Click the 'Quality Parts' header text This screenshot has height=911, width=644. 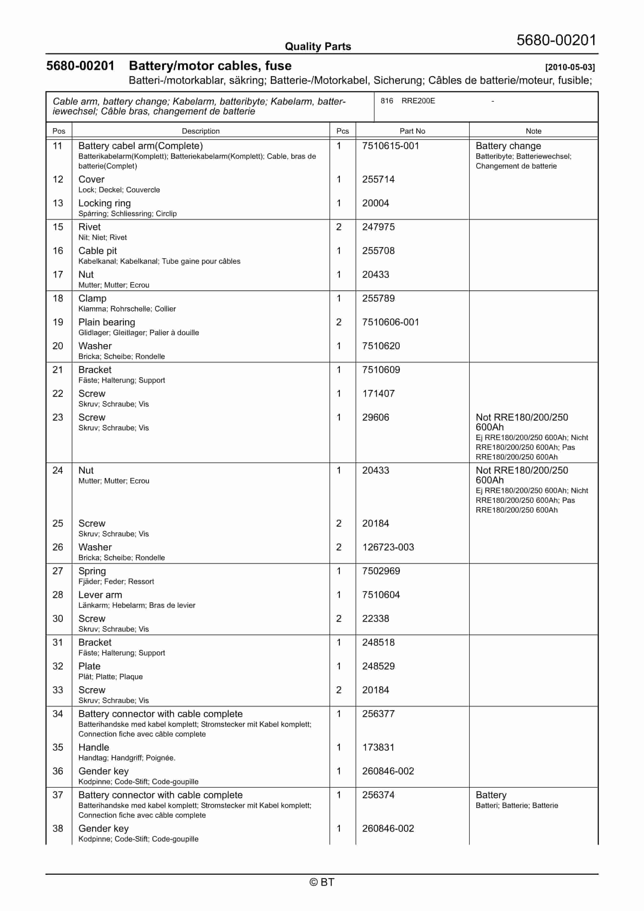318,47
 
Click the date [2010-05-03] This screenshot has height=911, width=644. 570,67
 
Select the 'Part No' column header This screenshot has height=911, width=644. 412,131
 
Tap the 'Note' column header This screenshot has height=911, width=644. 533,131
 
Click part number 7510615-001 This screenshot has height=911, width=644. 390,146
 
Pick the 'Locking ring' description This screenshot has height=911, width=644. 104,203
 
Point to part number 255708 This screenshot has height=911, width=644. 378,251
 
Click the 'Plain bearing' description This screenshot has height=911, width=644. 106,322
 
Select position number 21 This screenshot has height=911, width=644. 58,370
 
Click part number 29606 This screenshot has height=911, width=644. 375,417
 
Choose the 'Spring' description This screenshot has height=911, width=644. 92,571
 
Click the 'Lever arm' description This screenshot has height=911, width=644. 100,595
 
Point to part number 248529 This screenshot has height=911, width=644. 378,666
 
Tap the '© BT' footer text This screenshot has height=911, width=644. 322,882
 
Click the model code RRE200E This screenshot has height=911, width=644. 418,101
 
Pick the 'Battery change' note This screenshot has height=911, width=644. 508,146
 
